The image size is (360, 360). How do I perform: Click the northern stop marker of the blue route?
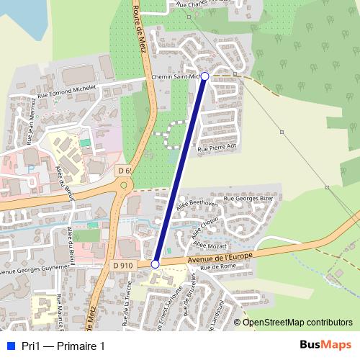204,76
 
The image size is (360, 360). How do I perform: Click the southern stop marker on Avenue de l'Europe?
155,264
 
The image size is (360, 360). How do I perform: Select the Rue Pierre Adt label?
217,147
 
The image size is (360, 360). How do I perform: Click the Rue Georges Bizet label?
248,197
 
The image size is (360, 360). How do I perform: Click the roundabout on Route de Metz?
125,185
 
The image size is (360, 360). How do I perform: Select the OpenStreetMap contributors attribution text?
297,322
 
